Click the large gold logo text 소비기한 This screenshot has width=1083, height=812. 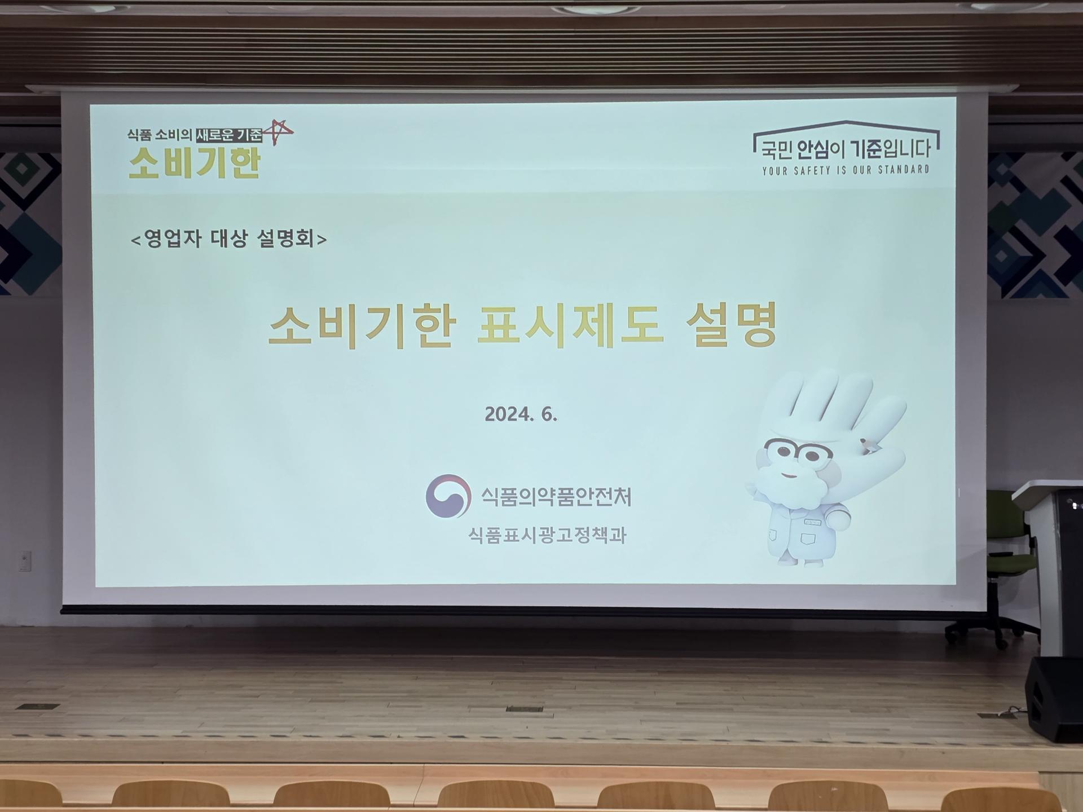pos(195,163)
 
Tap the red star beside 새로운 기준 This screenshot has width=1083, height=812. pos(279,133)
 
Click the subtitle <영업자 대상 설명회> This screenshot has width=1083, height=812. pos(228,239)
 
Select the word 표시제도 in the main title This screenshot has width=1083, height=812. pos(570,325)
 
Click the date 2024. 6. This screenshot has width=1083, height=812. pos(521,414)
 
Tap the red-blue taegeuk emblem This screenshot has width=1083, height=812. pos(448,496)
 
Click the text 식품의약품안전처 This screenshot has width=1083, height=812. pos(556,496)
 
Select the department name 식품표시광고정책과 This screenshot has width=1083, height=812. pos(547,535)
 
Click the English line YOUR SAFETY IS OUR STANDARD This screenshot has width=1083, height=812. pos(846,170)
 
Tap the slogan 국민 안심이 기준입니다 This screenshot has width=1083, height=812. pos(846,149)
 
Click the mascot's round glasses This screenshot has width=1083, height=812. pos(798,452)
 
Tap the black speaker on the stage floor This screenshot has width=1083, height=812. pos(1054,699)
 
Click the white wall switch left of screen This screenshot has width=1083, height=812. pos(25,561)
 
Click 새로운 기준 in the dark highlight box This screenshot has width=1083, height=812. pos(229,135)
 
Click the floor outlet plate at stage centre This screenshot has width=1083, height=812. pos(524,709)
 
